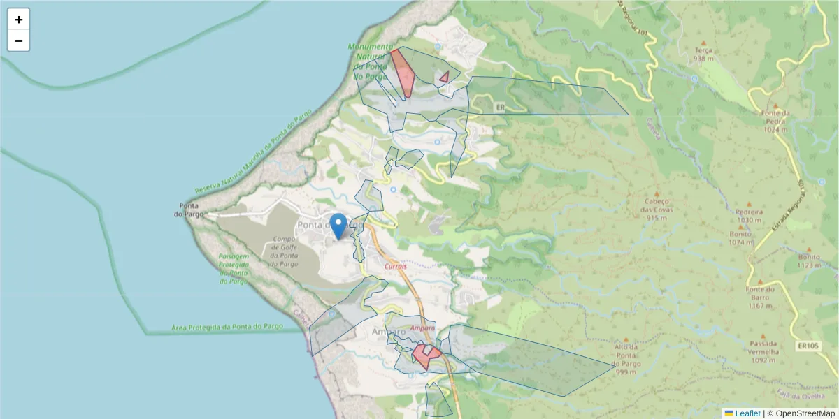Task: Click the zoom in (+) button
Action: coord(19,20)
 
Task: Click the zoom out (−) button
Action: coord(19,41)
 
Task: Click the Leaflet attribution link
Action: coord(747,413)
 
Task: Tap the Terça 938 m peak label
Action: coord(703,54)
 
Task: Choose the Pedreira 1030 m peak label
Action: coord(749,215)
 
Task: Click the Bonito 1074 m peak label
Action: coord(740,238)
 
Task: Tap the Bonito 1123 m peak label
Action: coord(809,260)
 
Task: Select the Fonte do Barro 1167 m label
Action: coord(760,297)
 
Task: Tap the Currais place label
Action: coord(396,266)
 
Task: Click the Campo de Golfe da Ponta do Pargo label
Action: coord(285,251)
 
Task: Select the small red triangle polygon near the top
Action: coord(444,77)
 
